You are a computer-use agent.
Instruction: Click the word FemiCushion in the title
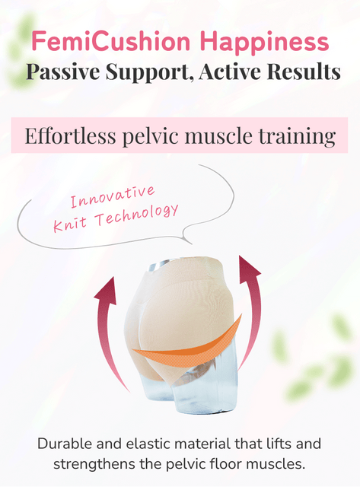[111, 41]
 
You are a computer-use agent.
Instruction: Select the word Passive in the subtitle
[63, 72]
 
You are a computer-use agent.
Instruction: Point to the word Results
[304, 72]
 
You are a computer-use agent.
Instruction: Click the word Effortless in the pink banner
[70, 135]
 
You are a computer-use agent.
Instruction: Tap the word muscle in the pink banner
[218, 135]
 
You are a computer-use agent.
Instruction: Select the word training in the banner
[297, 137]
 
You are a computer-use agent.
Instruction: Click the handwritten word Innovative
[113, 196]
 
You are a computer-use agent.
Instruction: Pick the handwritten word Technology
[137, 215]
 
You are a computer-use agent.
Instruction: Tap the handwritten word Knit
[69, 224]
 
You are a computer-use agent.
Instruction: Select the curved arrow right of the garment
[252, 310]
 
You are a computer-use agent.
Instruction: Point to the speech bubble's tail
[187, 238]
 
